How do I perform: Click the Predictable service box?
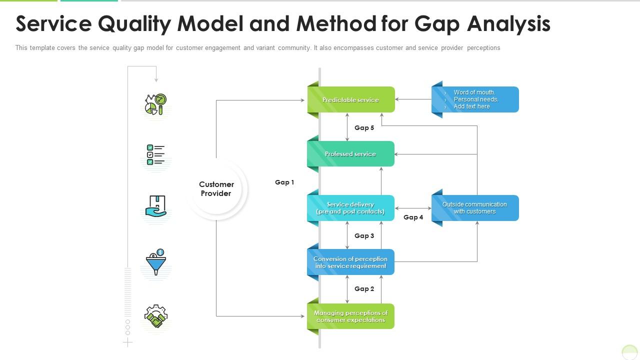[x=350, y=99]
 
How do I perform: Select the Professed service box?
[x=350, y=154]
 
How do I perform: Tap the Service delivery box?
[x=350, y=208]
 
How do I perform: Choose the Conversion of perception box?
[x=350, y=262]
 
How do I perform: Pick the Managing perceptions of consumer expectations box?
[x=350, y=316]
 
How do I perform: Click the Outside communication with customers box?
[x=474, y=208]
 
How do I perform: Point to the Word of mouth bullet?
[x=474, y=92]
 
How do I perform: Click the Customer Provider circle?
[x=216, y=189]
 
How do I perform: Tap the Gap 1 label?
[x=284, y=182]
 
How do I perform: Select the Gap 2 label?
[x=364, y=289]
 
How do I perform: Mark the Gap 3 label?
[x=364, y=236]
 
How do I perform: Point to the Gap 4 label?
[x=413, y=217]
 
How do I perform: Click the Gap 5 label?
[x=364, y=128]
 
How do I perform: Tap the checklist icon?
[x=156, y=155]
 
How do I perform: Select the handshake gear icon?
[x=156, y=316]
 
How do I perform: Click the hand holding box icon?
[x=156, y=206]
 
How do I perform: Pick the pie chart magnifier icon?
[x=156, y=104]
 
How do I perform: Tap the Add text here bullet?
[x=471, y=106]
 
